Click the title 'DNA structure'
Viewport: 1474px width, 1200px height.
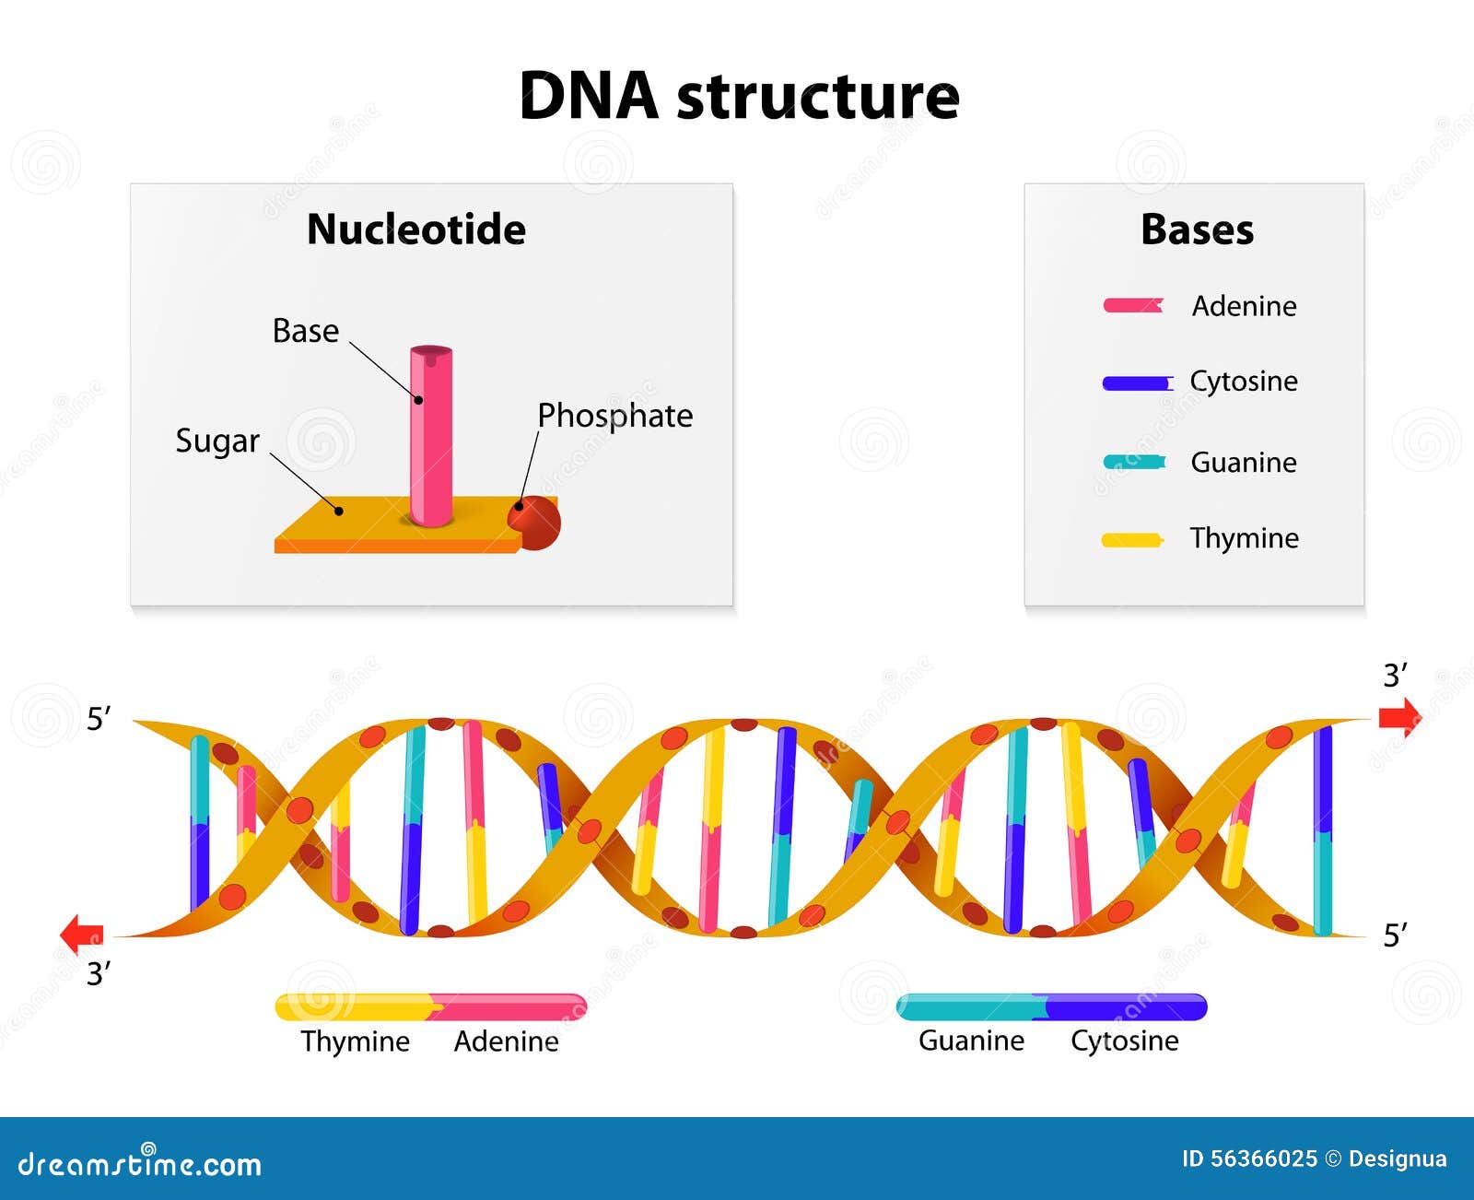coord(739,96)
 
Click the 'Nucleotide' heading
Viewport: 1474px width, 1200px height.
coord(416,229)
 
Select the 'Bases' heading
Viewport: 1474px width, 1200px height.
coord(1197,229)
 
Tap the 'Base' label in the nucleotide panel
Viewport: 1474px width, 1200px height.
coord(306,331)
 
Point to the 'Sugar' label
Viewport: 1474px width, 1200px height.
coord(217,441)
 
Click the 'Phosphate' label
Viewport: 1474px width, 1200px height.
coord(614,416)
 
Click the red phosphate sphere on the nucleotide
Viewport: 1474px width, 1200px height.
coord(535,523)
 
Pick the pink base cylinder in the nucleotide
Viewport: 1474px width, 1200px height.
coord(431,433)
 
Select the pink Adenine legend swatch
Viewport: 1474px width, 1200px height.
coord(1133,305)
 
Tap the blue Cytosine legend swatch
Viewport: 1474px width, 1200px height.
coord(1137,382)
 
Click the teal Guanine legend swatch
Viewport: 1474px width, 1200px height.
coord(1134,462)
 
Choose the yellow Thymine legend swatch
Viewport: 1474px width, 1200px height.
coord(1132,539)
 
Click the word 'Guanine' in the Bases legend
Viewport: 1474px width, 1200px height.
coord(1243,462)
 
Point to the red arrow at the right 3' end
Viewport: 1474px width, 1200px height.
coord(1399,717)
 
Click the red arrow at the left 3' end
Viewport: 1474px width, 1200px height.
coord(82,934)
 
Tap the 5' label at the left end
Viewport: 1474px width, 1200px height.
coord(99,719)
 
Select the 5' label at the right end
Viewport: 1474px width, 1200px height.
coord(1395,935)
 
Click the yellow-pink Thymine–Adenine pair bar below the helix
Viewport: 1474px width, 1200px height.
coord(431,1007)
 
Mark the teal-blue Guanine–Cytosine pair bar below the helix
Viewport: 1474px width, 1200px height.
coord(1051,1007)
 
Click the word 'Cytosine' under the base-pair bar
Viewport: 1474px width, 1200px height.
coord(1124,1041)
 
